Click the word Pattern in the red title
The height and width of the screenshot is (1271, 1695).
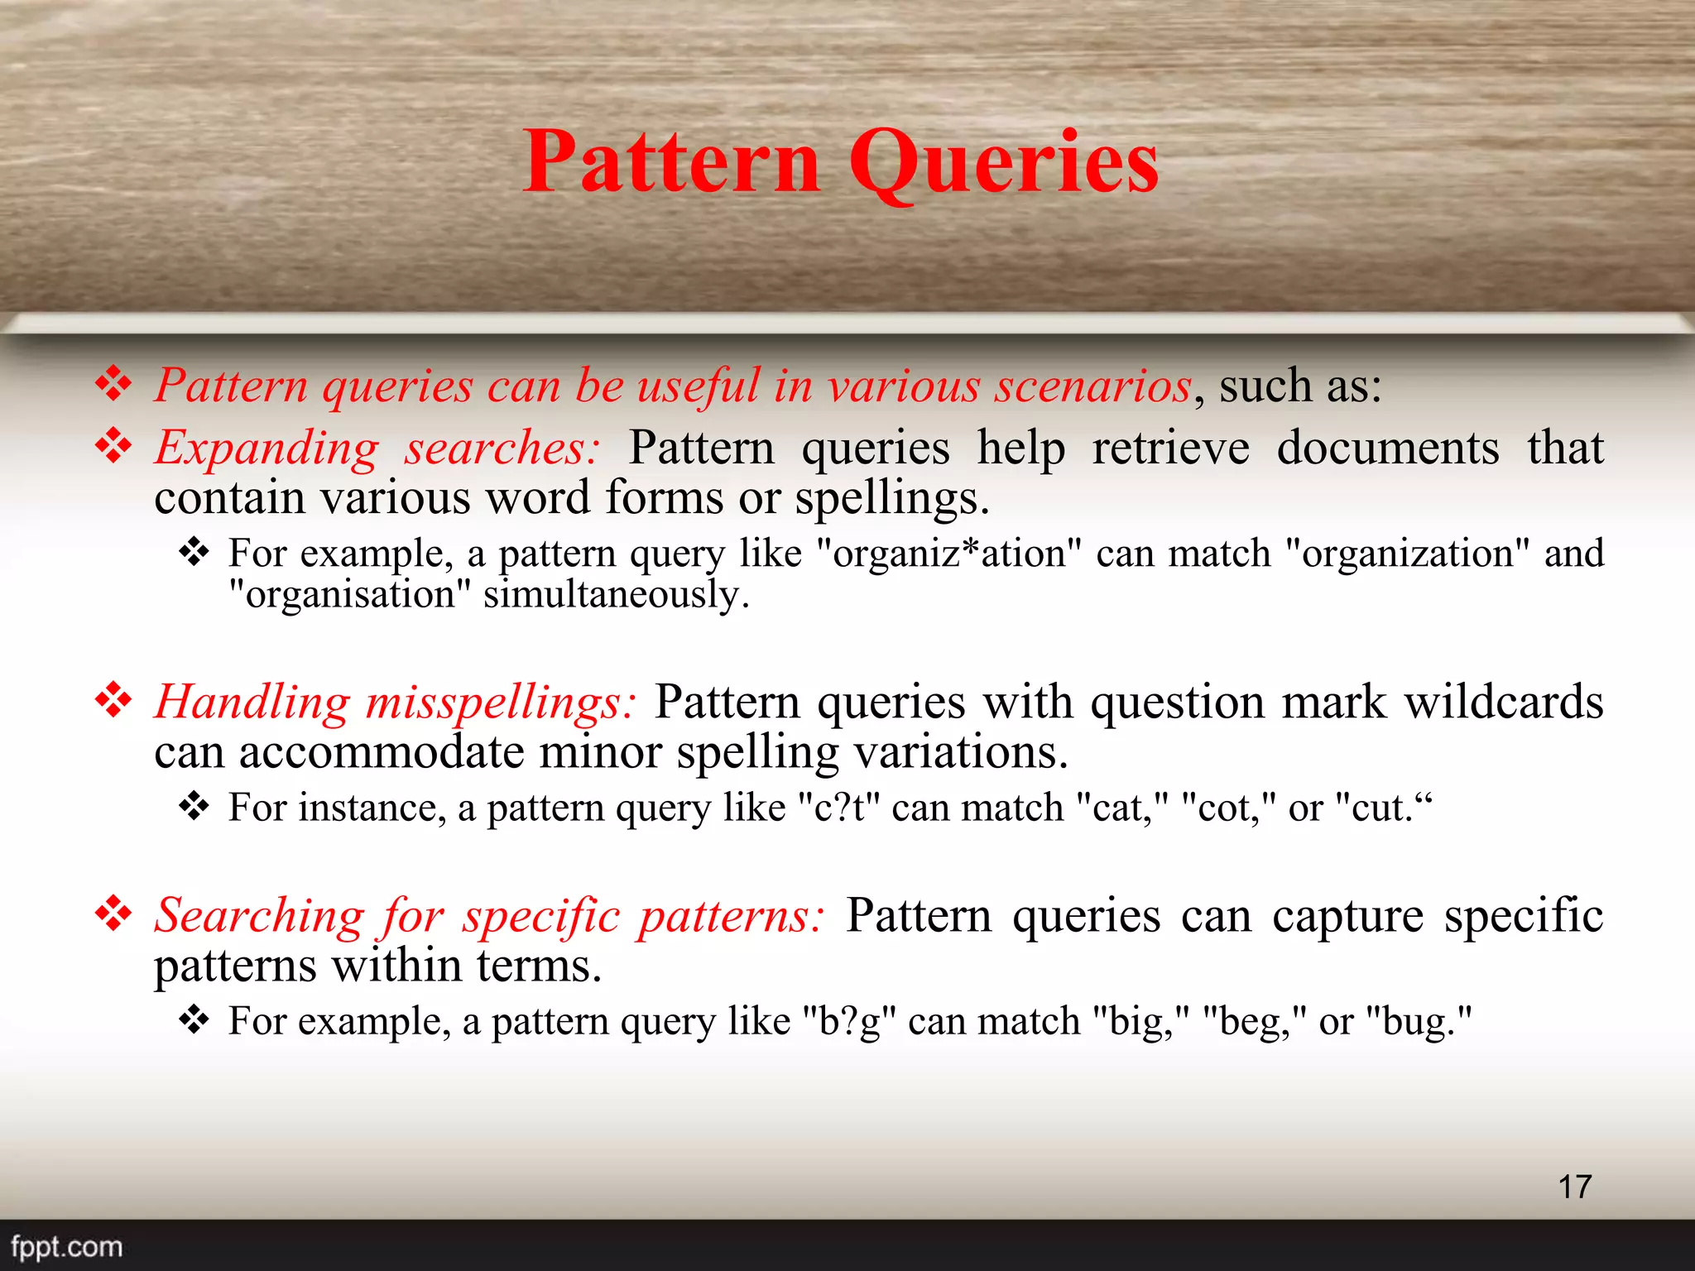tap(671, 162)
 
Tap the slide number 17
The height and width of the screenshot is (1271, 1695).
tap(1574, 1187)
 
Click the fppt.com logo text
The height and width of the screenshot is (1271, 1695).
tap(66, 1246)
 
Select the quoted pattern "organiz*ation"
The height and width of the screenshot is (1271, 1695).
tap(948, 553)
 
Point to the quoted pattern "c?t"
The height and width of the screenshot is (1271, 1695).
tap(838, 808)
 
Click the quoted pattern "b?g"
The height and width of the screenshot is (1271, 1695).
tap(849, 1021)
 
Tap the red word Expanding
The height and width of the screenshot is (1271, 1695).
tap(266, 448)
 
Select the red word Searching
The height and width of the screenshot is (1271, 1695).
tap(259, 915)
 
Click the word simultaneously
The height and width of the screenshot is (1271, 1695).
tap(616, 594)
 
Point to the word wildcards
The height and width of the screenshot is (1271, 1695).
tap(1503, 702)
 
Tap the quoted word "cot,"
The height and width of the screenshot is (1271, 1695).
tap(1228, 808)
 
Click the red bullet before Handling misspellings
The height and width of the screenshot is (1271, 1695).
tap(113, 702)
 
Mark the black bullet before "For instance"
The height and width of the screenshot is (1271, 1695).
tap(194, 805)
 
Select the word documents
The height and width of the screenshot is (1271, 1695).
tap(1387, 448)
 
